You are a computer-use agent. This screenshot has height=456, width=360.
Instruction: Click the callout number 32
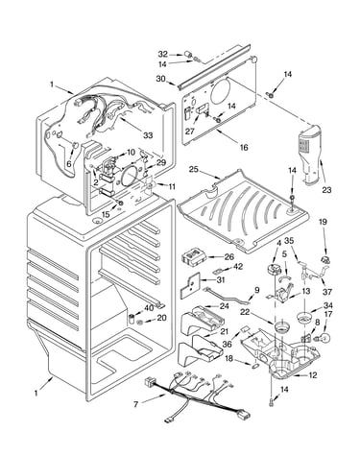click(163, 54)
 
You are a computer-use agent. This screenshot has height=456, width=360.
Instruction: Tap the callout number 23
click(326, 190)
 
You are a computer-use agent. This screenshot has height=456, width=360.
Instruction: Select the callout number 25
click(194, 169)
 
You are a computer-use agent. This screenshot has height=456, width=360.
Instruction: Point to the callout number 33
click(148, 135)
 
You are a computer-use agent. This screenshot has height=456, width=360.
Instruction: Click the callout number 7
click(136, 404)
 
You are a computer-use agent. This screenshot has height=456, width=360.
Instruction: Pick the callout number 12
click(312, 375)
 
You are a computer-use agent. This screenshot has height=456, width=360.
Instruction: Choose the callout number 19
click(323, 222)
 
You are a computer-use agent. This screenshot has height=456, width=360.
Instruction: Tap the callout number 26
click(229, 256)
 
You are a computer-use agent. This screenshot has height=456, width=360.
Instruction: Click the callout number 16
click(244, 147)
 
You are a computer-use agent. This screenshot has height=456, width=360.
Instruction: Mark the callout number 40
click(149, 308)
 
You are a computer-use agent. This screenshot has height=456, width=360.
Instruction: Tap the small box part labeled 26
click(194, 257)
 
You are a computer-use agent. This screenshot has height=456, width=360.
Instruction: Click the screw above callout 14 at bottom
click(272, 401)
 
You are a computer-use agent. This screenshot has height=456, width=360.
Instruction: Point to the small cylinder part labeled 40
click(132, 319)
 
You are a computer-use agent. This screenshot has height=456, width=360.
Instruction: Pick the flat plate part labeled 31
click(190, 285)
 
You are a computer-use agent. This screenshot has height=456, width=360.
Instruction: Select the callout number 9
click(257, 290)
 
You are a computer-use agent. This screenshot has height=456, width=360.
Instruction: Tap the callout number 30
click(161, 79)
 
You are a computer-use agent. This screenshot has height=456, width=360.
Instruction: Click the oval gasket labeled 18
click(255, 365)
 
